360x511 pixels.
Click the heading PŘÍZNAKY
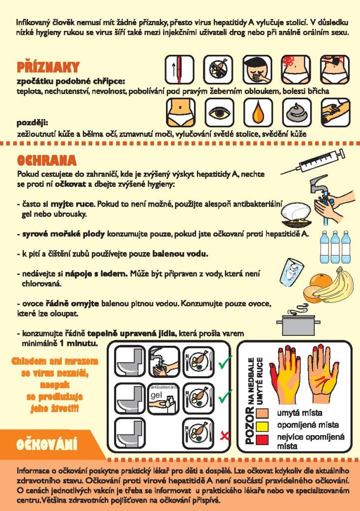(48, 67)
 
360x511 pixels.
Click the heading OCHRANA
(46, 160)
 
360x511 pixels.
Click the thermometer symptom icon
(180, 69)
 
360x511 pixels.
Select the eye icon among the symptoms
(218, 113)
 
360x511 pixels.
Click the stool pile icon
(296, 113)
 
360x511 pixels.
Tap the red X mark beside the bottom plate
(224, 435)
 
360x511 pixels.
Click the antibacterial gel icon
(164, 399)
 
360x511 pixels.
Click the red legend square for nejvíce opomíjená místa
(263, 439)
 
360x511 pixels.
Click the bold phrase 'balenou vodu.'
(180, 254)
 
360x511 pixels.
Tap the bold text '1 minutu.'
(78, 343)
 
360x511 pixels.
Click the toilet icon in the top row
(130, 362)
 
